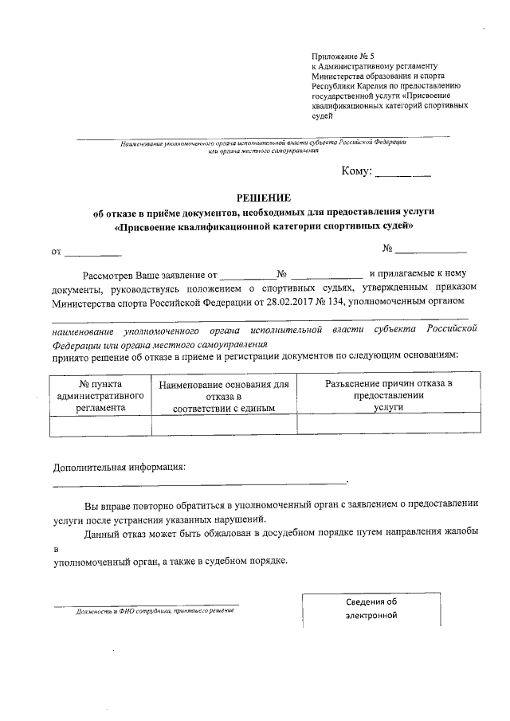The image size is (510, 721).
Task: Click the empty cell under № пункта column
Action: (x=100, y=425)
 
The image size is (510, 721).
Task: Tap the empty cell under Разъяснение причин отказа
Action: (x=389, y=425)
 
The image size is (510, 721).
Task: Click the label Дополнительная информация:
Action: (x=119, y=466)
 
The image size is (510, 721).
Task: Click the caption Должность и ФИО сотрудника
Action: (x=154, y=611)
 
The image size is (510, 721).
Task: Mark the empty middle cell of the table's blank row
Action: (x=223, y=425)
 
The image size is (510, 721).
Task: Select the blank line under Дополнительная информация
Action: (x=199, y=482)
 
